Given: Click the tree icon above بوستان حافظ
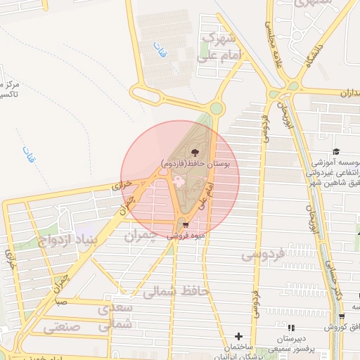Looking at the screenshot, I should pyautogui.click(x=195, y=151).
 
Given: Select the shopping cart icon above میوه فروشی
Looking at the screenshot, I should pyautogui.click(x=185, y=225).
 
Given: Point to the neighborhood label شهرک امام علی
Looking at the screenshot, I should pyautogui.click(x=220, y=45).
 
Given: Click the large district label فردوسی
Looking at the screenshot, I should pyautogui.click(x=266, y=254).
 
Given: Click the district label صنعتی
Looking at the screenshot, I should pyautogui.click(x=62, y=327).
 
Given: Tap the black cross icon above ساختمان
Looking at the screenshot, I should pyautogui.click(x=239, y=337).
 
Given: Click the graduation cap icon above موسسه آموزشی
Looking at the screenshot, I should pyautogui.click(x=336, y=151).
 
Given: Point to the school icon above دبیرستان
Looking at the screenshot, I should pyautogui.click(x=291, y=328).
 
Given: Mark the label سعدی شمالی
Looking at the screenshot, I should pyautogui.click(x=115, y=316).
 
